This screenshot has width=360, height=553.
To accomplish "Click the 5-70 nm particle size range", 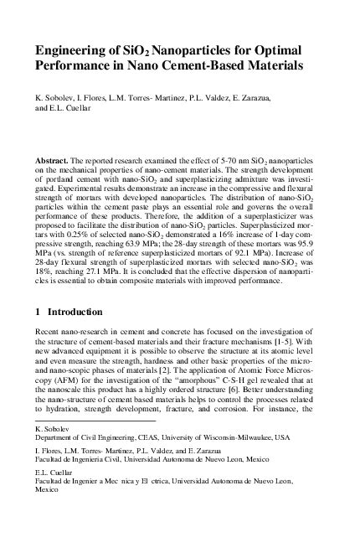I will coord(211,158).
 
